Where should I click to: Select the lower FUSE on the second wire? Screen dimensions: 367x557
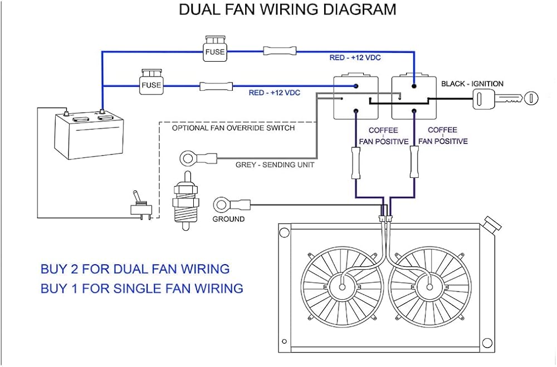coord(150,83)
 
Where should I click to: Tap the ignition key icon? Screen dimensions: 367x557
coord(505,99)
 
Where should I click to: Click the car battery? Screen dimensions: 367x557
coord(90,133)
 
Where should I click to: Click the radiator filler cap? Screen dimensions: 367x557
coord(491,225)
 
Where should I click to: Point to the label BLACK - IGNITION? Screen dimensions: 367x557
coord(472,84)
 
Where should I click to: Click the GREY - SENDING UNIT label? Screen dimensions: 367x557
coord(275,165)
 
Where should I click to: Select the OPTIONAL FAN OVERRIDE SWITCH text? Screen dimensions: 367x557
coord(233,128)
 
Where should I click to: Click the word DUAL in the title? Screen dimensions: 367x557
coord(203,9)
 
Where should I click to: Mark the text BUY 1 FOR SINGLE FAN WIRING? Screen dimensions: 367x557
coord(142,289)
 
